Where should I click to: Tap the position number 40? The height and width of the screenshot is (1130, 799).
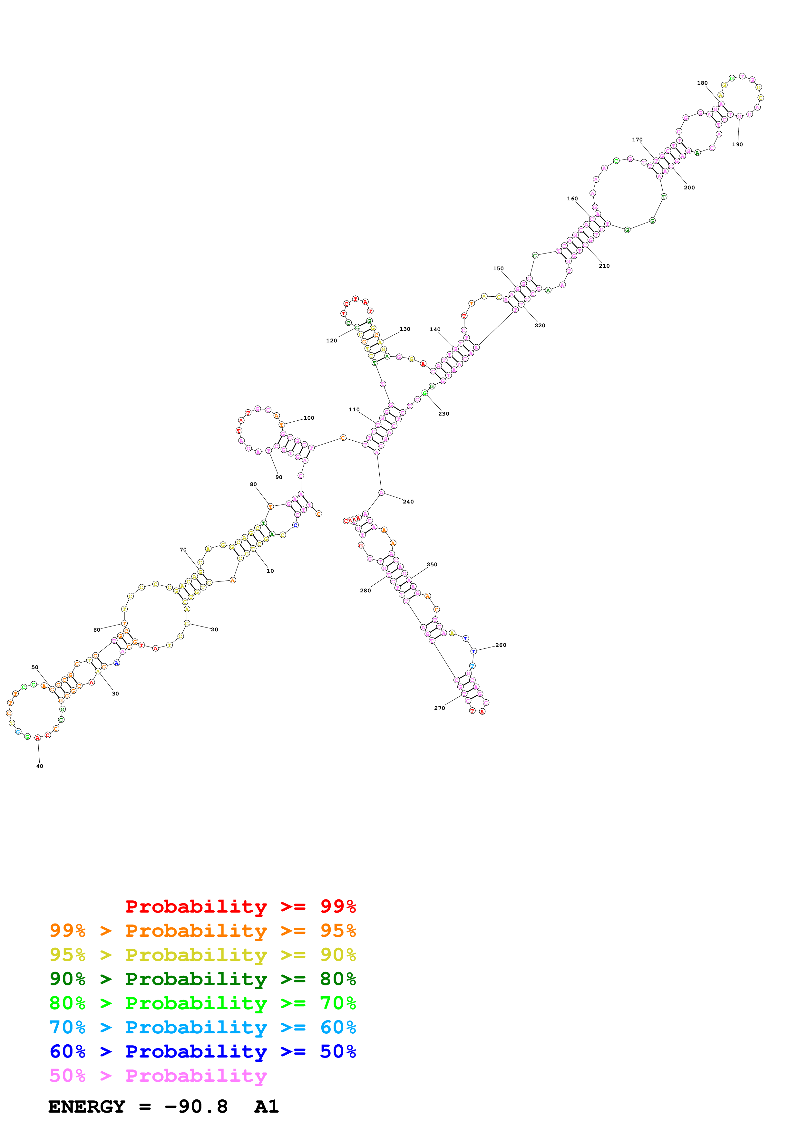39,766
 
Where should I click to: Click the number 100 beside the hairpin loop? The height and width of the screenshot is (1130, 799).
309,418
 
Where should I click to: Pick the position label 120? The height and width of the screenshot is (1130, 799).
331,340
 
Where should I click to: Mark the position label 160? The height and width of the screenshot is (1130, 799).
572,199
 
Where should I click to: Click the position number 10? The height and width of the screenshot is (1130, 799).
270,571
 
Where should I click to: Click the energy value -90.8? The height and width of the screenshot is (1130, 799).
196,1106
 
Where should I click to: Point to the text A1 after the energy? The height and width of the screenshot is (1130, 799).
266,1106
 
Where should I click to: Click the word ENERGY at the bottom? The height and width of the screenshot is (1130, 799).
87,1106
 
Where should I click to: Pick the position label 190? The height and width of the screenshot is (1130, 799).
737,145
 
